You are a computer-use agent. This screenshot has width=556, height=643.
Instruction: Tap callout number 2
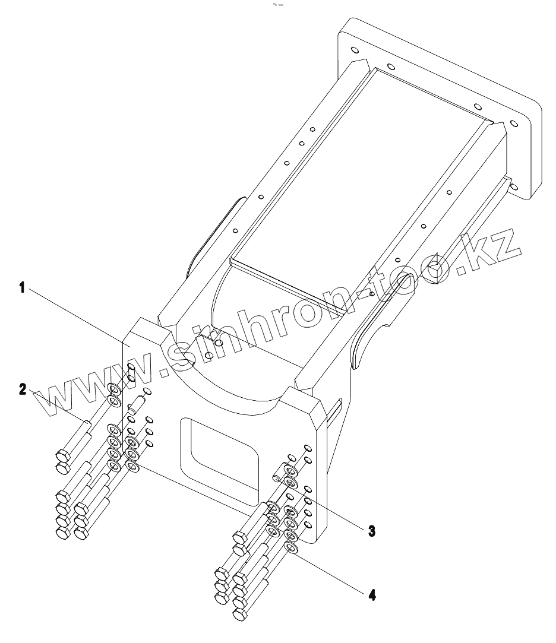[x=23, y=390]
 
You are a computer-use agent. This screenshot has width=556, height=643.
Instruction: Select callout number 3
[x=371, y=530]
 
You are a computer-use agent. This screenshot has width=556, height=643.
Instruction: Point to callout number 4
[x=371, y=594]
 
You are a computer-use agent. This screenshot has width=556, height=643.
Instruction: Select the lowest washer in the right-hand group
[x=291, y=547]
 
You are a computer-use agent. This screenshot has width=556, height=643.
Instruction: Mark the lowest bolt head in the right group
[x=239, y=615]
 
